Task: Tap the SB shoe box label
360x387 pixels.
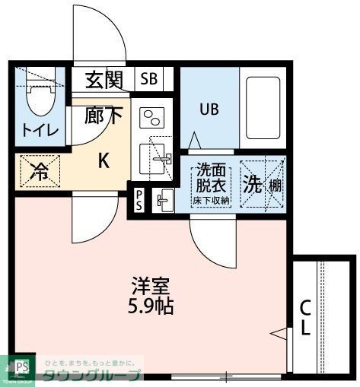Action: pyautogui.click(x=149, y=79)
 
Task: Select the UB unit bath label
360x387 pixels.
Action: pyautogui.click(x=209, y=109)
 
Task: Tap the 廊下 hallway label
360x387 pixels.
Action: pyautogui.click(x=103, y=116)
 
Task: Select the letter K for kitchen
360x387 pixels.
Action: pyautogui.click(x=104, y=160)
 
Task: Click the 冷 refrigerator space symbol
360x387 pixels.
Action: pyautogui.click(x=38, y=172)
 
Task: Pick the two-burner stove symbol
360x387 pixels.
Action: pyautogui.click(x=152, y=119)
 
